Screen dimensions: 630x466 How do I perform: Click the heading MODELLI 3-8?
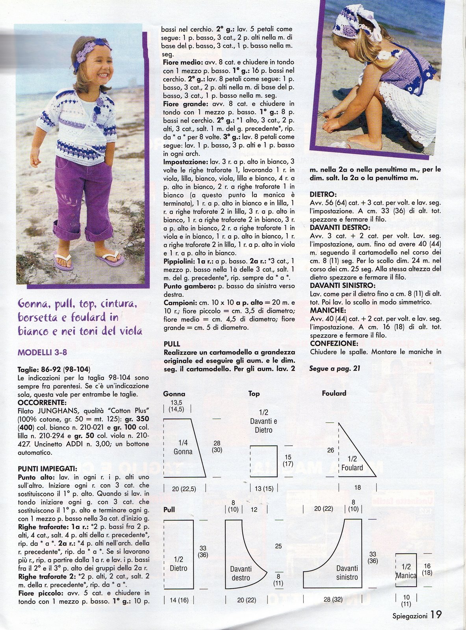[x=45, y=352]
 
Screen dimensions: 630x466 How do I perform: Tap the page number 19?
[x=436, y=615]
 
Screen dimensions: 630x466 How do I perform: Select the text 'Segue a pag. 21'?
[x=334, y=369]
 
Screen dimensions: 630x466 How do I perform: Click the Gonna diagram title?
[x=174, y=394]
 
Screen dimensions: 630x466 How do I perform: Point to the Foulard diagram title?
[x=334, y=393]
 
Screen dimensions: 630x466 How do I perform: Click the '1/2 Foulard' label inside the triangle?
[x=352, y=463]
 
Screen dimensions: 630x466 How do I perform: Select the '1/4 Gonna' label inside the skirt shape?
[x=183, y=447]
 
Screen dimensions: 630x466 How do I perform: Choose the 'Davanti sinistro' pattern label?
[x=347, y=573]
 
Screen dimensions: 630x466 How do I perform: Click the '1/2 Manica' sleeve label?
[x=406, y=571]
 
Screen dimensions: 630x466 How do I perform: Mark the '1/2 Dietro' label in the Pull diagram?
[x=178, y=564]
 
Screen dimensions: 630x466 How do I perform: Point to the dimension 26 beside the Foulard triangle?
[x=330, y=450]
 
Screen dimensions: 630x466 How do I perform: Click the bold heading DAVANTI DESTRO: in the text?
[x=340, y=227]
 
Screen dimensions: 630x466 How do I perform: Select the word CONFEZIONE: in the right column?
[x=334, y=343]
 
